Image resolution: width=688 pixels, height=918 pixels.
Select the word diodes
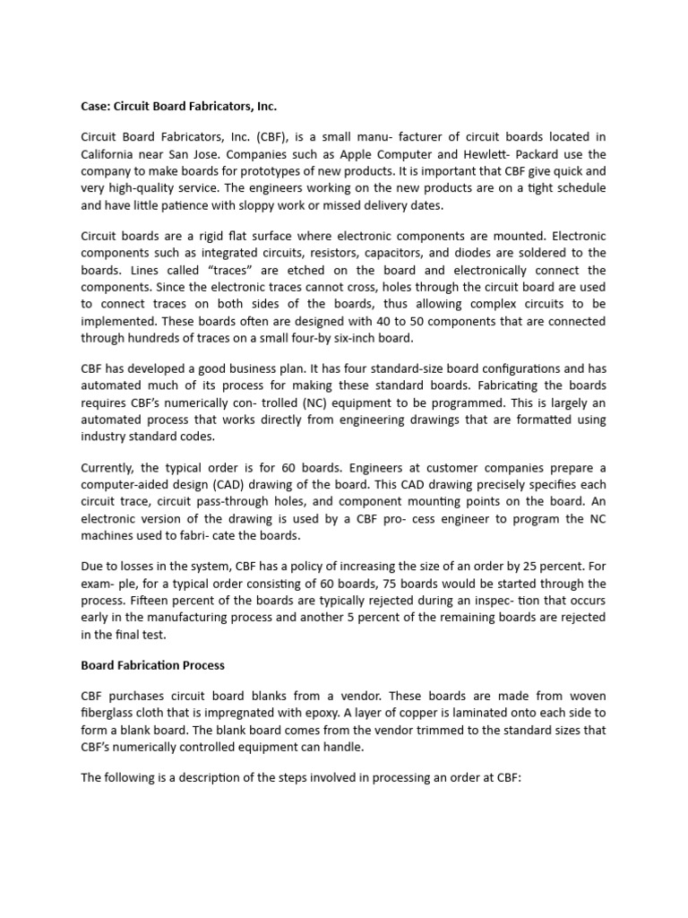487,253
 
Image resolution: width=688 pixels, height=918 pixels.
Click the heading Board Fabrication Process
152,665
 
